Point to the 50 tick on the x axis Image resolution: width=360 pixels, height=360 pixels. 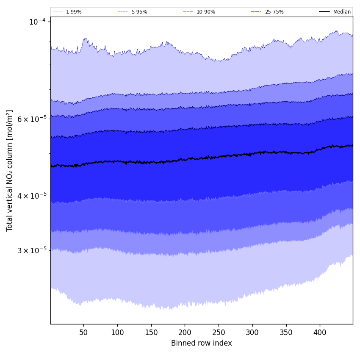click(83, 332)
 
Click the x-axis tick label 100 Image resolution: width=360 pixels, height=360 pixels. click(117, 332)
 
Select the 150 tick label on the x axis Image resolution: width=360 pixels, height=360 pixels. click(151, 332)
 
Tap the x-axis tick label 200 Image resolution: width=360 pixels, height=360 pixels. click(185, 332)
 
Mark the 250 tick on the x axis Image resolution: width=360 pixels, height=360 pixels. click(219, 332)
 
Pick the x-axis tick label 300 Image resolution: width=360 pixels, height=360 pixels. click(252, 332)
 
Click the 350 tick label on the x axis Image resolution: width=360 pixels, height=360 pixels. click(286, 332)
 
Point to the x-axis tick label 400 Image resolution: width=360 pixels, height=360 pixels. click(320, 332)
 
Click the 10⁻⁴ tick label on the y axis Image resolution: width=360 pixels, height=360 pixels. click(37, 22)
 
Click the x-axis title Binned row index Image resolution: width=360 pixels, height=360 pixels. click(202, 343)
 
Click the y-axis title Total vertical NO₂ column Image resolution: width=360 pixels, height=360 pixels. click(10, 170)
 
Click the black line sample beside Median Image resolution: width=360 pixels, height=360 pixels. click(325, 12)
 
